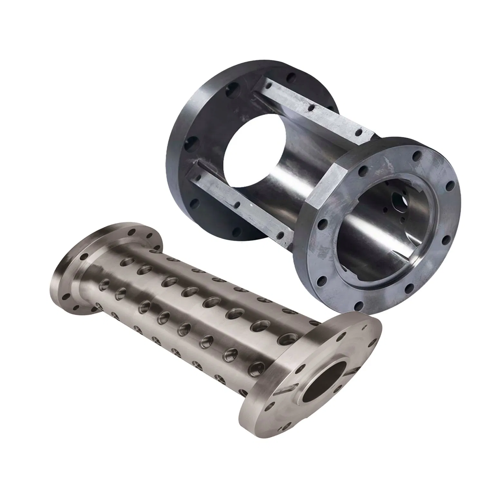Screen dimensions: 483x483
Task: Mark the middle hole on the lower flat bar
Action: pyautogui.click(x=237, y=204)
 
